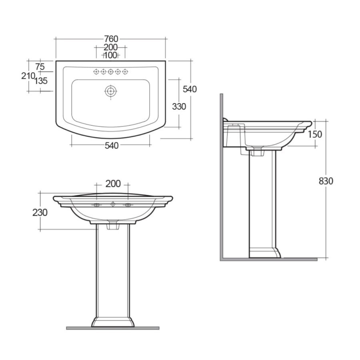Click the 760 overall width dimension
[x=111, y=39]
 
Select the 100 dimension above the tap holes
[x=110, y=55]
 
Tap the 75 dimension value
[x=40, y=67]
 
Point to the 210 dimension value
[x=27, y=76]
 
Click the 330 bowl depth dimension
[x=179, y=107]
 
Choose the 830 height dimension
[x=326, y=181]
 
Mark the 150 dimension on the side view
[x=315, y=134]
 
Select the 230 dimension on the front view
[x=40, y=212]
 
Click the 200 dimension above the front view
[x=113, y=184]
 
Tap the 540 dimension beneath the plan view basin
[x=111, y=146]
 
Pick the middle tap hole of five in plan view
[x=110, y=72]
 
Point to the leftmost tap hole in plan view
[x=96, y=72]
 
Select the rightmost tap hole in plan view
[x=125, y=72]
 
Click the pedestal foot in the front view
[x=113, y=322]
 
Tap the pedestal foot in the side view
[x=264, y=253]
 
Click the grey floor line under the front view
[x=113, y=328]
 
